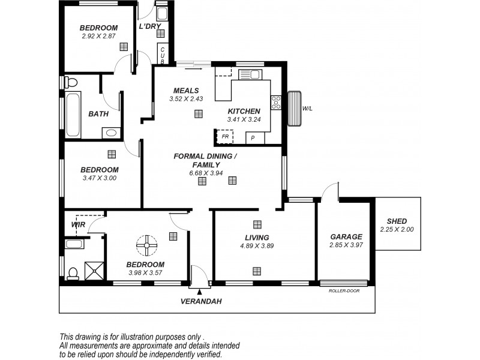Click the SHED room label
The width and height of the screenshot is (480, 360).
pyautogui.click(x=397, y=220)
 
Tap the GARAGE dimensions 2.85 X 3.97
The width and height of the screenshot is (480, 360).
pyautogui.click(x=346, y=245)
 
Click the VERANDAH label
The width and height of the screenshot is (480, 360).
pyautogui.click(x=201, y=302)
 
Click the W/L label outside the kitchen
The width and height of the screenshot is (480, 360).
pyautogui.click(x=307, y=109)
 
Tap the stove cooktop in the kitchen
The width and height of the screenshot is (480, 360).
pyautogui.click(x=276, y=102)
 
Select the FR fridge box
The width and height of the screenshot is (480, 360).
pyautogui.click(x=224, y=137)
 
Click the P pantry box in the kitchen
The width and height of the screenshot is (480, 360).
pyautogui.click(x=254, y=138)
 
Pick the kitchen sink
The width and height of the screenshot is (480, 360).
pyautogui.click(x=249, y=74)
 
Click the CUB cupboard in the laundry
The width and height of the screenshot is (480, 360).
pyautogui.click(x=162, y=54)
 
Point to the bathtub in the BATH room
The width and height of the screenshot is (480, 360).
pyautogui.click(x=72, y=115)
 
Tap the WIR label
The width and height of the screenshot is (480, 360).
pyautogui.click(x=78, y=224)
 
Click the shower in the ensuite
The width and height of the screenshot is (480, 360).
pyautogui.click(x=92, y=271)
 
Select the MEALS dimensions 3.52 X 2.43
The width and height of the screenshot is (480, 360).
pyautogui.click(x=186, y=99)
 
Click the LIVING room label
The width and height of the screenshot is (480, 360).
pyautogui.click(x=257, y=237)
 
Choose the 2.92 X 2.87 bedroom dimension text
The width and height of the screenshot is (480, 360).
pyautogui.click(x=99, y=36)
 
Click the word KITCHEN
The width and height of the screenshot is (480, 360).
pyautogui.click(x=244, y=111)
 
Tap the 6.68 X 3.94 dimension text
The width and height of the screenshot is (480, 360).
pyautogui.click(x=206, y=173)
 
